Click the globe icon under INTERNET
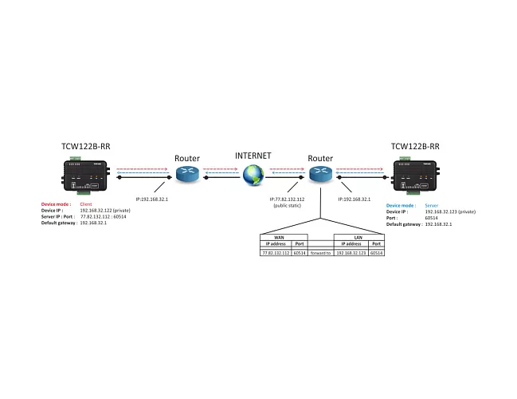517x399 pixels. (x=253, y=174)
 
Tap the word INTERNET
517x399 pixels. (x=253, y=156)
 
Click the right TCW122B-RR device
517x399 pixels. (x=415, y=176)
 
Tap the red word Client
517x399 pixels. (x=86, y=205)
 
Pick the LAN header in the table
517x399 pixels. (x=359, y=237)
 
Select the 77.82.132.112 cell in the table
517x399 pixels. (x=276, y=252)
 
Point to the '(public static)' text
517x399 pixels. (x=286, y=205)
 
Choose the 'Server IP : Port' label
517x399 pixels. (x=59, y=217)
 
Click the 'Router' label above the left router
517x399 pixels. (x=187, y=158)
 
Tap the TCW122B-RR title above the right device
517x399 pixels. (x=415, y=147)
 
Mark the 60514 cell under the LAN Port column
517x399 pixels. (x=377, y=252)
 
